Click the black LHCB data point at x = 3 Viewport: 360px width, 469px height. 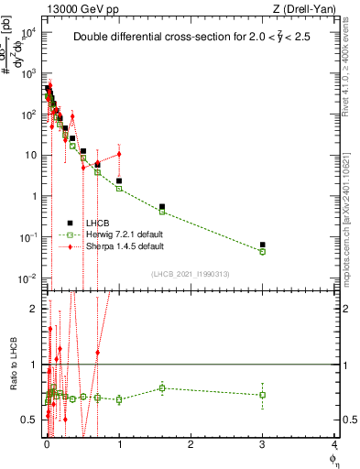[263, 245]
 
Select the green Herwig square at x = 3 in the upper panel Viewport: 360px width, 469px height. [263, 251]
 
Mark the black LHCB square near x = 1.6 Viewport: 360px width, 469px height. [162, 207]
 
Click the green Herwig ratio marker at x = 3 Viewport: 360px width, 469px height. [263, 395]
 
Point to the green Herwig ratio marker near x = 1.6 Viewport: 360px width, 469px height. [162, 387]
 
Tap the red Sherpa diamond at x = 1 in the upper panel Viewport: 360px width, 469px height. [119, 154]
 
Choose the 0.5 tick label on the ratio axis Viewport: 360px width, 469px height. [31, 420]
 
